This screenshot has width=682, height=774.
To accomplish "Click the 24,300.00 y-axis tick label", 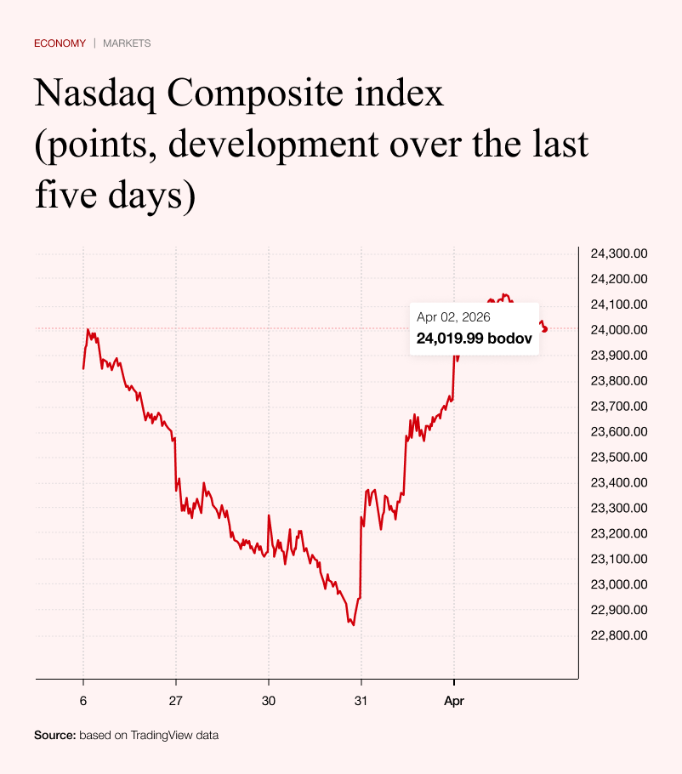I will click(619, 253).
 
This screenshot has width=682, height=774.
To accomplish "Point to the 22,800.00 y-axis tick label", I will click(619, 635).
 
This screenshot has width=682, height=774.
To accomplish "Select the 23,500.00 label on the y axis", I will click(619, 457).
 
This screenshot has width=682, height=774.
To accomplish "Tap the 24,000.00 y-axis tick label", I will click(619, 330).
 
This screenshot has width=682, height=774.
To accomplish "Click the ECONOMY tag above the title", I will click(60, 43).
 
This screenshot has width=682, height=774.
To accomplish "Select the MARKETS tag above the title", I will click(127, 43).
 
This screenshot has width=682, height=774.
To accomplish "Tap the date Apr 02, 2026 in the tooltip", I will click(454, 317).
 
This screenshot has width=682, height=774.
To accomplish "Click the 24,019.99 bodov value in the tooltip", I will click(475, 339).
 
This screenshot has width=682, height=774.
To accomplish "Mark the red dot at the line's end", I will click(544, 329).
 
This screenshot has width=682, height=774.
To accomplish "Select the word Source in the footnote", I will click(54, 735).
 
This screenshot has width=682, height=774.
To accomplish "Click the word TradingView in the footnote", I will click(161, 735).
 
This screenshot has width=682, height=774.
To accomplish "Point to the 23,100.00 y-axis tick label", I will click(619, 559).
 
